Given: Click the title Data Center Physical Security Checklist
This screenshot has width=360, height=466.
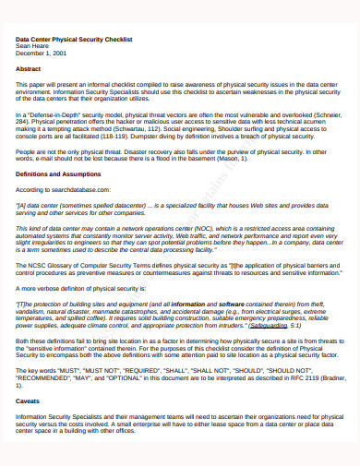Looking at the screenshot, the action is point(75,40).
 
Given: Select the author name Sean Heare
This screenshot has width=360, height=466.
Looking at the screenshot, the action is point(34,47).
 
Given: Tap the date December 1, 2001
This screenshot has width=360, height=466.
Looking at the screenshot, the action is point(42,54).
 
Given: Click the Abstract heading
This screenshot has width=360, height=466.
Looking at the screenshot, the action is point(29,68).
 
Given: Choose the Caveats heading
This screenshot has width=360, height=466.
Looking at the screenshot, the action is point(29,402).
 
